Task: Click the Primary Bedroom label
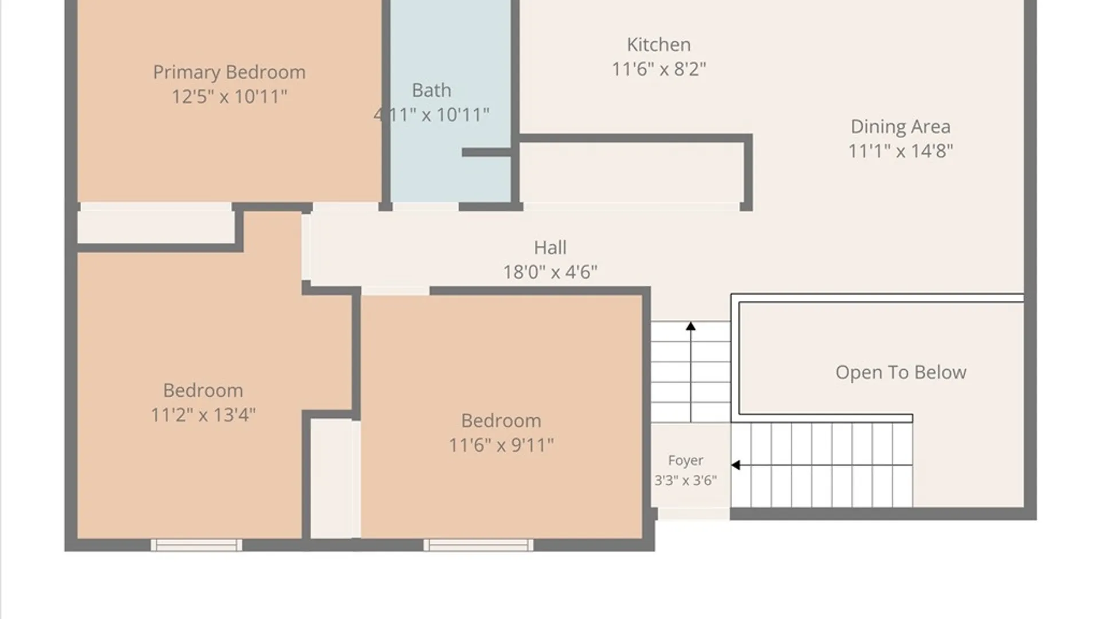[x=229, y=73]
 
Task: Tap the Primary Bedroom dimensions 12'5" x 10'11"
[x=229, y=96]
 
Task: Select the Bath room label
[x=431, y=91]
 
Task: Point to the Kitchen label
[x=658, y=45]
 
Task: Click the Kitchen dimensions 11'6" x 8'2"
[x=658, y=69]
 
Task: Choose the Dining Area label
[x=900, y=127]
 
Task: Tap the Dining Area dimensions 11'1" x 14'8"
[x=900, y=151]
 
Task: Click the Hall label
[x=550, y=248]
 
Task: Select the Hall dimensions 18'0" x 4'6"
[x=550, y=272]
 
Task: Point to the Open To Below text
[x=901, y=373]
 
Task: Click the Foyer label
[x=685, y=461]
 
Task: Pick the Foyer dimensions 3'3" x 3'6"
[x=685, y=480]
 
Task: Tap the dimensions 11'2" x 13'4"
[x=203, y=415]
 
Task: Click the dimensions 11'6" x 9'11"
[x=501, y=445]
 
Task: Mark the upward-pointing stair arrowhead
[x=691, y=326]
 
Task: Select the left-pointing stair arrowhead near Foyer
[x=736, y=465]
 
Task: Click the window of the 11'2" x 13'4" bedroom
[x=196, y=545]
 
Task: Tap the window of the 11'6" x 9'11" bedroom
[x=478, y=545]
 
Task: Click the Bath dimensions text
[x=431, y=115]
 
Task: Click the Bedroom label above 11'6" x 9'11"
[x=501, y=421]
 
